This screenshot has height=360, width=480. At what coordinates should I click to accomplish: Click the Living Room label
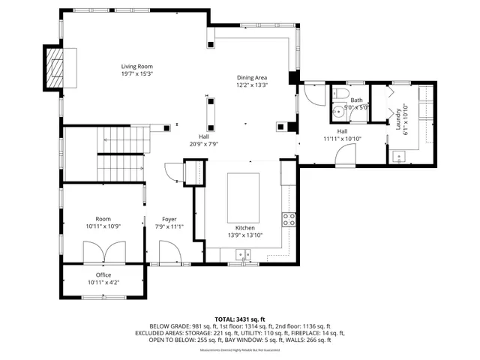click(137, 66)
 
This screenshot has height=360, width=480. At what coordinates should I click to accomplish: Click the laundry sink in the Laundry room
click(400, 156)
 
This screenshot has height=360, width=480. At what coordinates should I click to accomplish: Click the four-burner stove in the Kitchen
click(289, 220)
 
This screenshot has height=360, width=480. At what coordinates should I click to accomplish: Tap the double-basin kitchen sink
click(242, 255)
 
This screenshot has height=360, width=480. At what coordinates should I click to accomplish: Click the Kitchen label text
click(245, 227)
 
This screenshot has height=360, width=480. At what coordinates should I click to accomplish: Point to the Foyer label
click(169, 218)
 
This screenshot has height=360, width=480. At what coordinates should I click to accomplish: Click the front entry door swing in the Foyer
click(167, 250)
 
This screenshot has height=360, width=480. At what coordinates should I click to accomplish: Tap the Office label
click(103, 274)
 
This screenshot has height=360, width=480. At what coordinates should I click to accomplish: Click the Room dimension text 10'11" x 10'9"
click(103, 226)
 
